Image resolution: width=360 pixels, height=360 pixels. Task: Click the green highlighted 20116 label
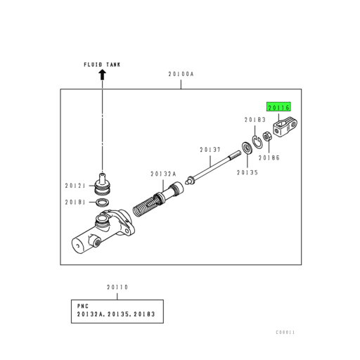coord(278,107)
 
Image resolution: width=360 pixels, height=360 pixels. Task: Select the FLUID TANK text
coord(102,65)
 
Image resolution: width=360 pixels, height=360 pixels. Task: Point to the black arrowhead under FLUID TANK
coord(102,75)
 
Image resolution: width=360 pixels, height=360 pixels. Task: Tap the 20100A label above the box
coord(181,74)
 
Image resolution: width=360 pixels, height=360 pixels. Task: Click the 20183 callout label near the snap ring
coord(255,120)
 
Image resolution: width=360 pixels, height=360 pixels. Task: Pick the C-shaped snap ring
coord(257,141)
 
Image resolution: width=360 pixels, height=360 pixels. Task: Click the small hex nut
coord(267,136)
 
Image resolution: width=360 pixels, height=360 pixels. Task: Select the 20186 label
coord(269,157)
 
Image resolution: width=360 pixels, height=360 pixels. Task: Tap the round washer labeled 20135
coord(247,148)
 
